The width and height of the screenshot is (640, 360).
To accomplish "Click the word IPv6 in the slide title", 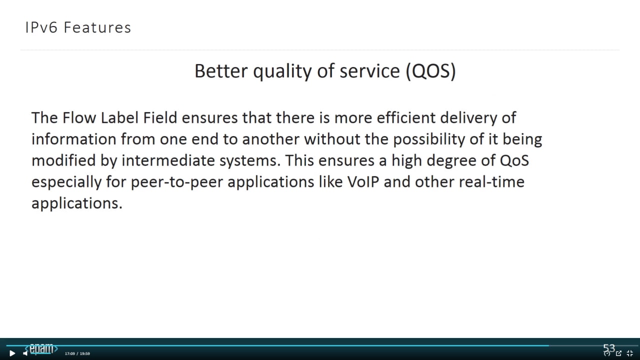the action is click(41, 27).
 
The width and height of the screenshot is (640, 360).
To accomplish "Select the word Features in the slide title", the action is click(97, 27).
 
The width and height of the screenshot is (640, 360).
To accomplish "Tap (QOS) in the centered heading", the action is click(431, 71).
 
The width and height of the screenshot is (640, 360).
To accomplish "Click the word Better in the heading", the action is click(221, 71).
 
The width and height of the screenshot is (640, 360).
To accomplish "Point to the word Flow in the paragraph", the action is click(79, 117).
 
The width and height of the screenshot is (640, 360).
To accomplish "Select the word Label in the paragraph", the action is click(119, 117).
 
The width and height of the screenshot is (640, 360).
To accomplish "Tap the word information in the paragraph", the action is click(73, 139).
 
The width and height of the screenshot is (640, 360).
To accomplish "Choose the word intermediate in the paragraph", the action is click(168, 160).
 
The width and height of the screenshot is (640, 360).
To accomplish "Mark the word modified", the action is click(63, 160).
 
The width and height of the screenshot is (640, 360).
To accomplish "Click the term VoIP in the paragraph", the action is click(363, 182).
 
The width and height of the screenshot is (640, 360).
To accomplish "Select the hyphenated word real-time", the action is click(491, 182).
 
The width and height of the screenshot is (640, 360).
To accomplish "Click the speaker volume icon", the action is click(25, 353).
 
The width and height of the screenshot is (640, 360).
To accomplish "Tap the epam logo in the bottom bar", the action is click(41, 348).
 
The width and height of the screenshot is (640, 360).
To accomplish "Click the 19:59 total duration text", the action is click(85, 353).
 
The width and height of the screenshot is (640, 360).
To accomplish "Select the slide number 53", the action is click(609, 348).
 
